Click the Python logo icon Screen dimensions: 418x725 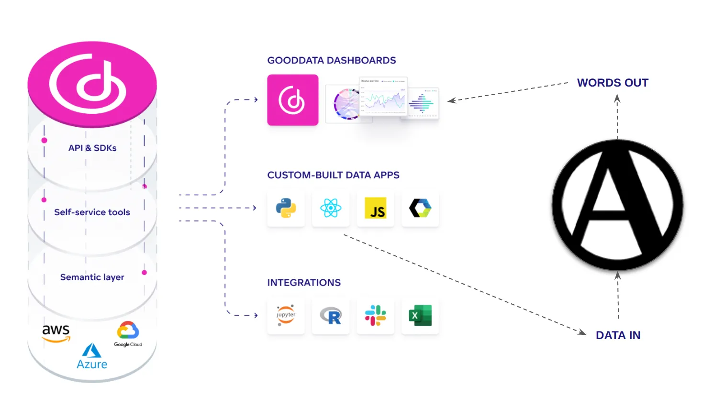tap(286, 209)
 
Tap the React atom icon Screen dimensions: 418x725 tap(331, 209)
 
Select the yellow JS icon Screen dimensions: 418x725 tap(376, 209)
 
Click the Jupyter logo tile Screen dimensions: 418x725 tap(286, 316)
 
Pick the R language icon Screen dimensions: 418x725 tap(331, 316)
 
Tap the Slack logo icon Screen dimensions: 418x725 tap(376, 316)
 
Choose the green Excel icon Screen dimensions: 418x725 tap(420, 316)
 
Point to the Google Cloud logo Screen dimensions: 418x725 tap(128, 334)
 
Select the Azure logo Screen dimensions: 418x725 tap(92, 356)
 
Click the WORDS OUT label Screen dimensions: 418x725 tap(613, 83)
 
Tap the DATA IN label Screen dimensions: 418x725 tap(618, 335)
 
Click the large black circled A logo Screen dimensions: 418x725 tap(617, 206)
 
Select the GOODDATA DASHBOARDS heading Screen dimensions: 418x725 tap(332, 60)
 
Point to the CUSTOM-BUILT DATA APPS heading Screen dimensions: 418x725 tap(333, 175)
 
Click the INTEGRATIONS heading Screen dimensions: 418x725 tap(304, 283)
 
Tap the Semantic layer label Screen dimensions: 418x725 tap(92, 277)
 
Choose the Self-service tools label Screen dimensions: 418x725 tap(92, 212)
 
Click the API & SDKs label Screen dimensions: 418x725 tap(92, 148)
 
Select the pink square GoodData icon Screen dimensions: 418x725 tap(292, 100)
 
